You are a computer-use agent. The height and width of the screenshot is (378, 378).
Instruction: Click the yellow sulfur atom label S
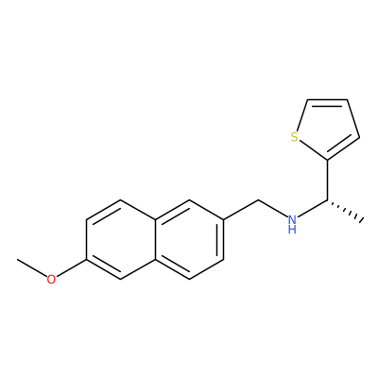pyautogui.click(x=294, y=137)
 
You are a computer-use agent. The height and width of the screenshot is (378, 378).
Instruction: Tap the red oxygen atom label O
pyautogui.click(x=51, y=279)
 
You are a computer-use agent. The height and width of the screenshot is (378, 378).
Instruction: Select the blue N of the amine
pyautogui.click(x=293, y=219)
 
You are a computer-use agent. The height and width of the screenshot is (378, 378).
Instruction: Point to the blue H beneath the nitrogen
pyautogui.click(x=293, y=230)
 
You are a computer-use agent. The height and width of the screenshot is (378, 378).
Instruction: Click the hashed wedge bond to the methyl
pyautogui.click(x=346, y=210)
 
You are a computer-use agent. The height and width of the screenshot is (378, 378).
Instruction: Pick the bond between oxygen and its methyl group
pyautogui.click(x=32, y=267)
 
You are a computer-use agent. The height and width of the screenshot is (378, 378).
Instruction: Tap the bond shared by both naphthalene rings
pyautogui.click(x=155, y=239)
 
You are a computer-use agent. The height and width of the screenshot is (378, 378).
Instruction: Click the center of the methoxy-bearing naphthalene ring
pyautogui.click(x=121, y=239)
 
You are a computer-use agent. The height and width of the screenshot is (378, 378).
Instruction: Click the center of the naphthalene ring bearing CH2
pyautogui.click(x=189, y=239)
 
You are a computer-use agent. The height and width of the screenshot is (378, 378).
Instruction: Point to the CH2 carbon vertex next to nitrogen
pyautogui.click(x=258, y=199)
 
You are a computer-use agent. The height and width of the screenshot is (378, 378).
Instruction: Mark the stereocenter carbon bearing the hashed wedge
pyautogui.click(x=328, y=199)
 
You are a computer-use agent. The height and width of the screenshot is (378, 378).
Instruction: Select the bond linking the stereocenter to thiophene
pyautogui.click(x=328, y=180)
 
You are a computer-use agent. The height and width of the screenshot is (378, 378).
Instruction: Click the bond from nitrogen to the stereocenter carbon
pyautogui.click(x=313, y=208)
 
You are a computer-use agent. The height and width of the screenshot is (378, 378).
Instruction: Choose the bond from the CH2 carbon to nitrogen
pyautogui.click(x=273, y=208)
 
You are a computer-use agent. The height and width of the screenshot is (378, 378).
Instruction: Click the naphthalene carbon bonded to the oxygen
pyautogui.click(x=86, y=259)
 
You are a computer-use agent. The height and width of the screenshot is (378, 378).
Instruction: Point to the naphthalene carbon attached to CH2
pyautogui.click(x=224, y=219)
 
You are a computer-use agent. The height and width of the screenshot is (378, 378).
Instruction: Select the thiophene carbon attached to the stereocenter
pyautogui.click(x=328, y=160)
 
